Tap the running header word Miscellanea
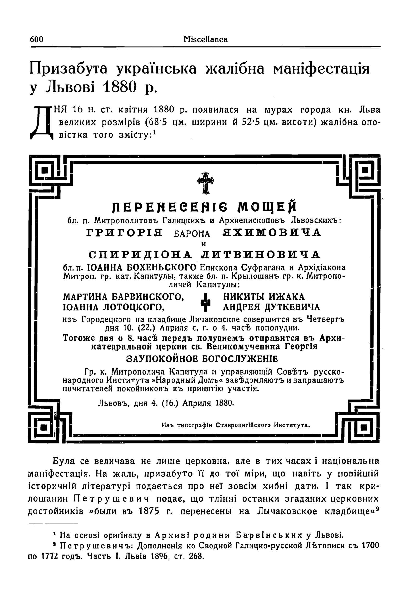tap(206, 39)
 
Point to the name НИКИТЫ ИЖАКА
tap(264, 297)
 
